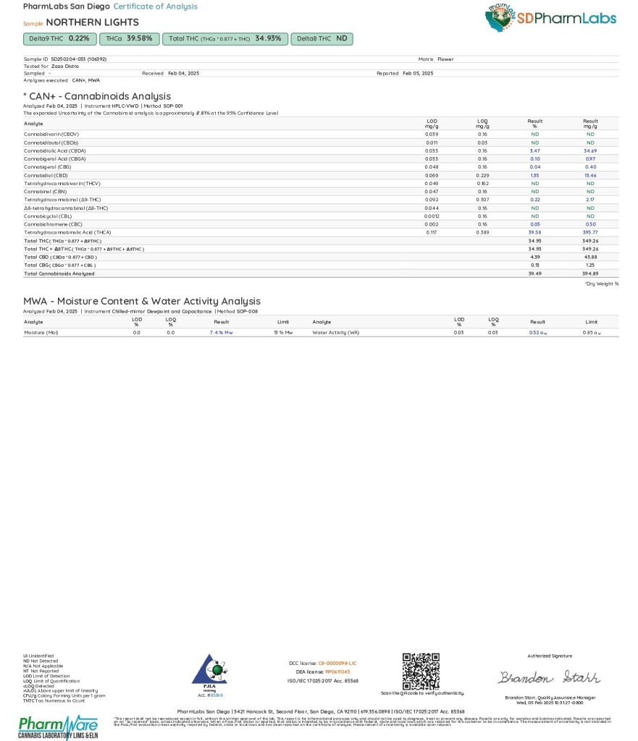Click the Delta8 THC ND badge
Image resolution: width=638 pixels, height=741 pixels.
[322, 38]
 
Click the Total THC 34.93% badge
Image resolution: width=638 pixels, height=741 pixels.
[224, 38]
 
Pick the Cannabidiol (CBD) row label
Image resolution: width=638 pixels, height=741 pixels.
[46, 175]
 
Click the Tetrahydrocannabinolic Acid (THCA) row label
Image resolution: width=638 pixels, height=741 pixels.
[67, 232]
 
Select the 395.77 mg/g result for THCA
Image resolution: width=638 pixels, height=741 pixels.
[590, 232]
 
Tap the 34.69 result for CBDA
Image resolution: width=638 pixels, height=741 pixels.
[590, 151]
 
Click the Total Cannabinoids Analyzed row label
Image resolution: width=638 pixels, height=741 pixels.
[59, 274]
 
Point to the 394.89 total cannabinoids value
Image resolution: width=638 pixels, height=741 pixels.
[590, 274]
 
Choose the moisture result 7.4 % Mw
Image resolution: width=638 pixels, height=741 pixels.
[221, 332]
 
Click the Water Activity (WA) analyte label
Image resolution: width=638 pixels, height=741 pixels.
[335, 332]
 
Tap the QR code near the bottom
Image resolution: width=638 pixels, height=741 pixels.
[421, 671]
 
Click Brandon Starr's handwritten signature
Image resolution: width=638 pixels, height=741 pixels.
[549, 677]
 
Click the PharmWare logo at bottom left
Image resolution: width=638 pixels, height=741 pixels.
[57, 726]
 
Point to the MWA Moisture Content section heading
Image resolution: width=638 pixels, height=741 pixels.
[142, 301]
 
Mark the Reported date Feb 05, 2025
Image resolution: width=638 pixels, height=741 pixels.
[418, 73]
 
